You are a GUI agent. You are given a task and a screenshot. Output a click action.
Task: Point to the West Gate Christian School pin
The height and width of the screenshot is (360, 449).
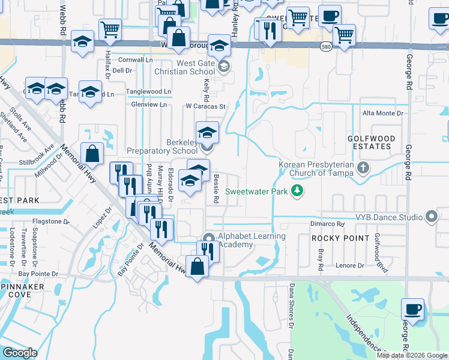click(223, 66)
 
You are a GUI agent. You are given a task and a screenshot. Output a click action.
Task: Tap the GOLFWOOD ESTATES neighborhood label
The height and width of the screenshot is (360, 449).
click(372, 142)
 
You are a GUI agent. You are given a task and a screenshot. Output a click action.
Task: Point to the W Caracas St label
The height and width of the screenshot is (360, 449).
click(205, 107)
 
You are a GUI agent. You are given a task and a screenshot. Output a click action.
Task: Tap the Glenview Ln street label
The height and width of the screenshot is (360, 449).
click(149, 104)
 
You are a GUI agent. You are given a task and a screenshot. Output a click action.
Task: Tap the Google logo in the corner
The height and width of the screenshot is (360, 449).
click(20, 353)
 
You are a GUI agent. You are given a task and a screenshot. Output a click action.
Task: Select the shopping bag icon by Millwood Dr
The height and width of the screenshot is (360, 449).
click(92, 154)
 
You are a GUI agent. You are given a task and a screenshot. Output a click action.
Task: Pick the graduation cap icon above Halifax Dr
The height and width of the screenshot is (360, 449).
click(83, 41)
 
